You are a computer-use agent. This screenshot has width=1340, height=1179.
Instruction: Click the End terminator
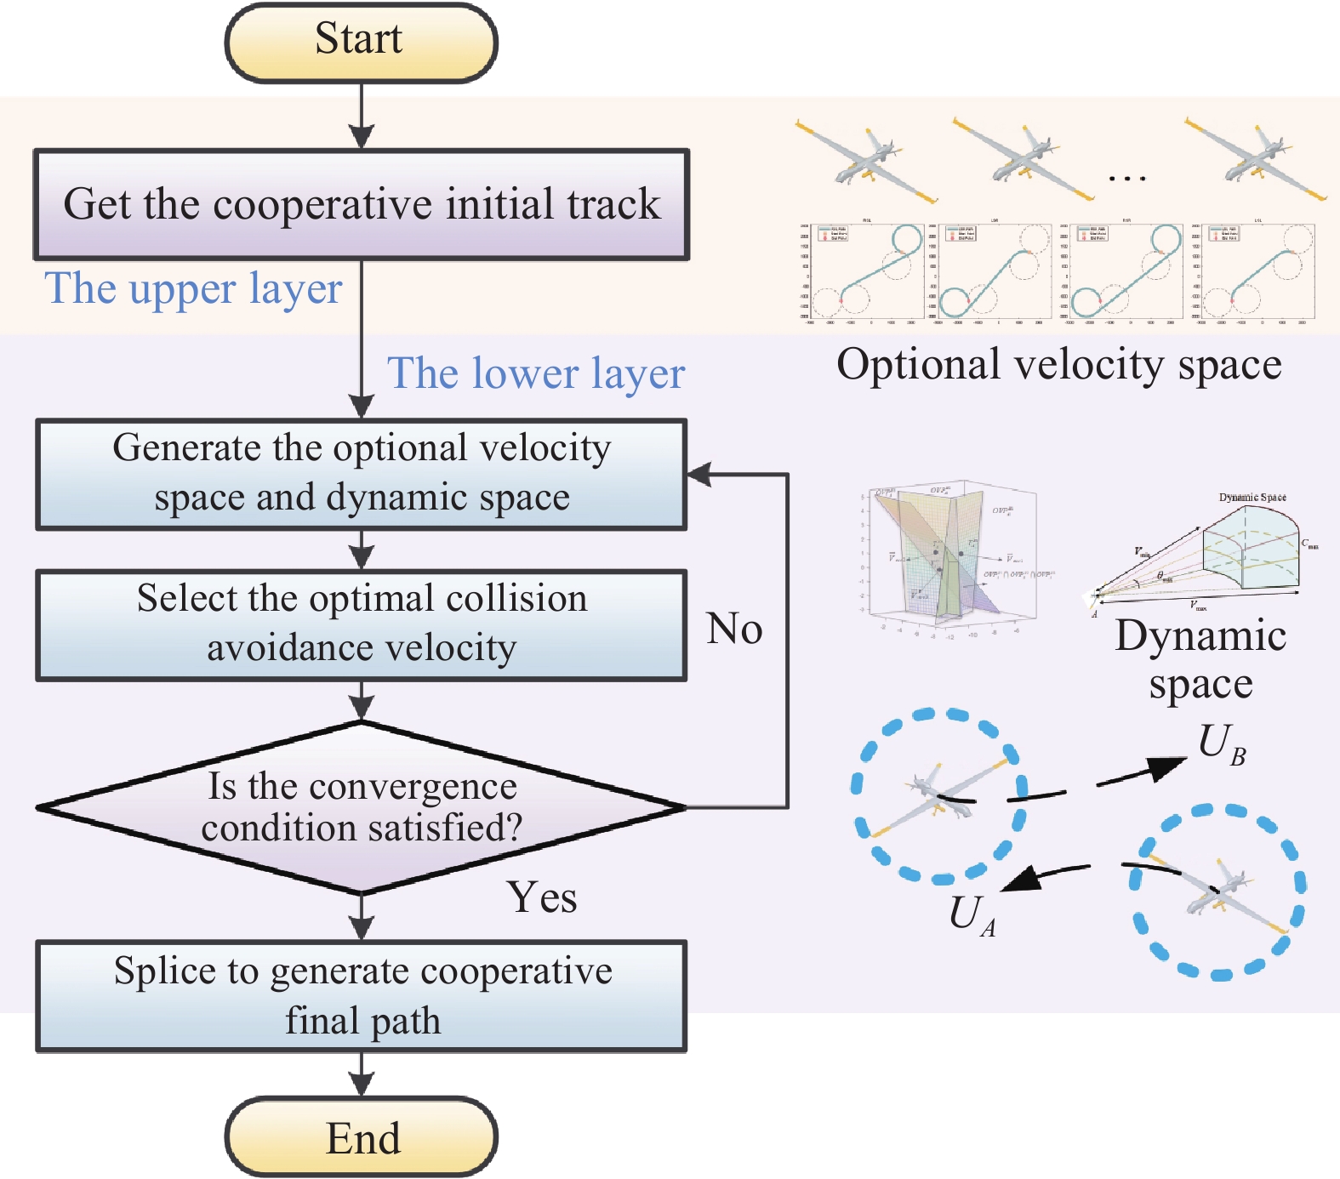(x=361, y=1137)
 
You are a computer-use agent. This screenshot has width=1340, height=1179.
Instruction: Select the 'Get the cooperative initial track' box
(x=361, y=205)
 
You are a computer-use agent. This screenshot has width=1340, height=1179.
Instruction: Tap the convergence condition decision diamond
(x=361, y=807)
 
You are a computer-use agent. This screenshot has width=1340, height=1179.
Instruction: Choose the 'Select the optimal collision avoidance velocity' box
(x=361, y=624)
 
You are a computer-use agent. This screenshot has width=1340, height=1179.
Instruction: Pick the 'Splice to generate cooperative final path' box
(x=361, y=996)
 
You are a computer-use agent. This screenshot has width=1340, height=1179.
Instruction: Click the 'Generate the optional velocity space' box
(x=361, y=474)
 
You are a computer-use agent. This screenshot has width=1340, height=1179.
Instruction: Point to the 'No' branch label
(x=734, y=629)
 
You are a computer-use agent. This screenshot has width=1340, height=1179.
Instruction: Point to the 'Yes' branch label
(x=542, y=897)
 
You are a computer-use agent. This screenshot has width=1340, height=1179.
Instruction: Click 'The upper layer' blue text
(x=193, y=288)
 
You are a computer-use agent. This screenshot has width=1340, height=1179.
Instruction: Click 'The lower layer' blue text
(x=536, y=373)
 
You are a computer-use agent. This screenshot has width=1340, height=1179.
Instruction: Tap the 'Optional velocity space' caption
(x=1058, y=365)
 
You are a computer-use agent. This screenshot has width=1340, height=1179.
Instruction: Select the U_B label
(x=1222, y=744)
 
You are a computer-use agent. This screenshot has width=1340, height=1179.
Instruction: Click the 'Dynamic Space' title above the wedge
(x=1252, y=497)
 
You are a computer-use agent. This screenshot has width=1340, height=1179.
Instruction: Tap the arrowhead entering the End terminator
(x=362, y=1084)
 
